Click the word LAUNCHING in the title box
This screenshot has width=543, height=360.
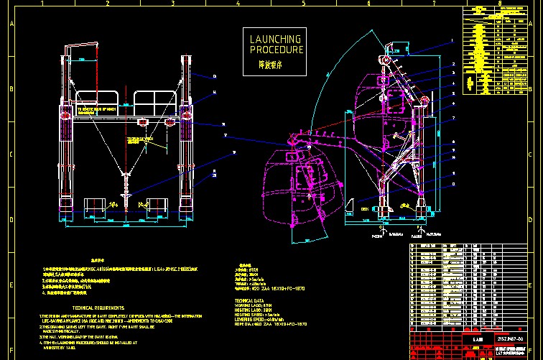(x=277, y=40)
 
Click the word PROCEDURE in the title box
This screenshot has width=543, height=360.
(x=277, y=50)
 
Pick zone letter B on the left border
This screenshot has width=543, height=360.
(x=11, y=90)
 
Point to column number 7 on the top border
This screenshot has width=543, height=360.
(x=435, y=4)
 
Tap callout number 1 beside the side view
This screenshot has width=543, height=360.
(x=452, y=40)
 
